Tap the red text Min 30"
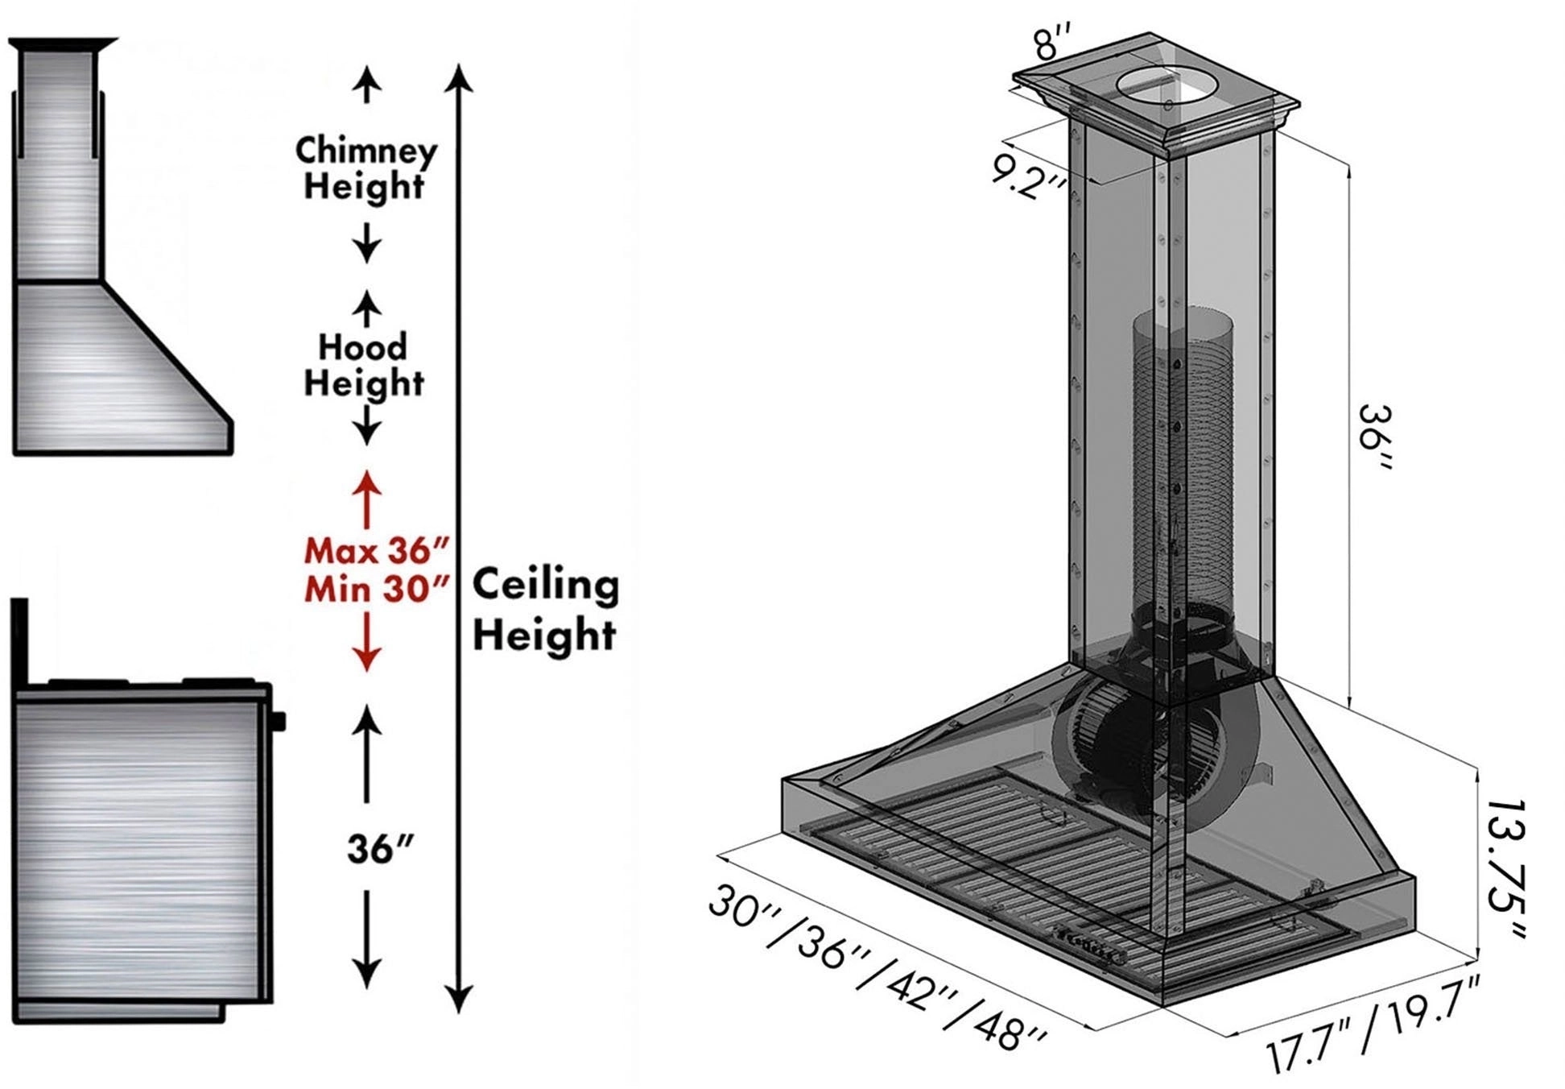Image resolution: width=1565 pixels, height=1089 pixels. pos(376,590)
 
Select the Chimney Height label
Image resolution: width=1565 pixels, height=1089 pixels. pos(366,168)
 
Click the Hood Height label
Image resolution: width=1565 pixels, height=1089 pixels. pos(364,365)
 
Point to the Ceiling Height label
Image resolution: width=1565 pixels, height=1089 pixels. pos(545,610)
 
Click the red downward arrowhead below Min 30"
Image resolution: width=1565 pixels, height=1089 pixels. pos(367,660)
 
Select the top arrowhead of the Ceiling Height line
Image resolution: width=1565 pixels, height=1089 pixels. pos(459,79)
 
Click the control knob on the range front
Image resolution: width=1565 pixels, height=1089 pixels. pos(279,720)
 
